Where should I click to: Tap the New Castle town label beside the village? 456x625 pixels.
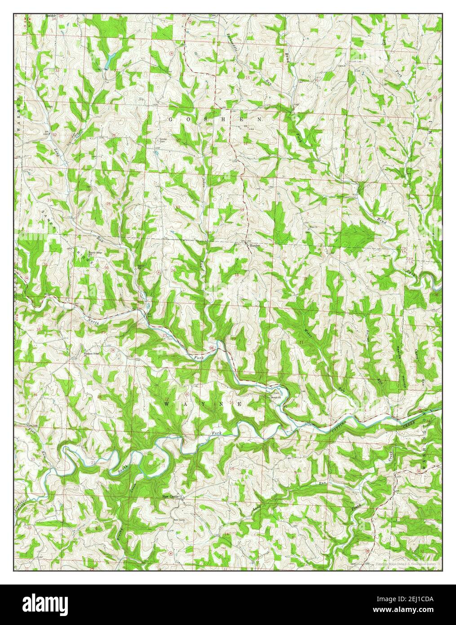pos(173,497)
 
